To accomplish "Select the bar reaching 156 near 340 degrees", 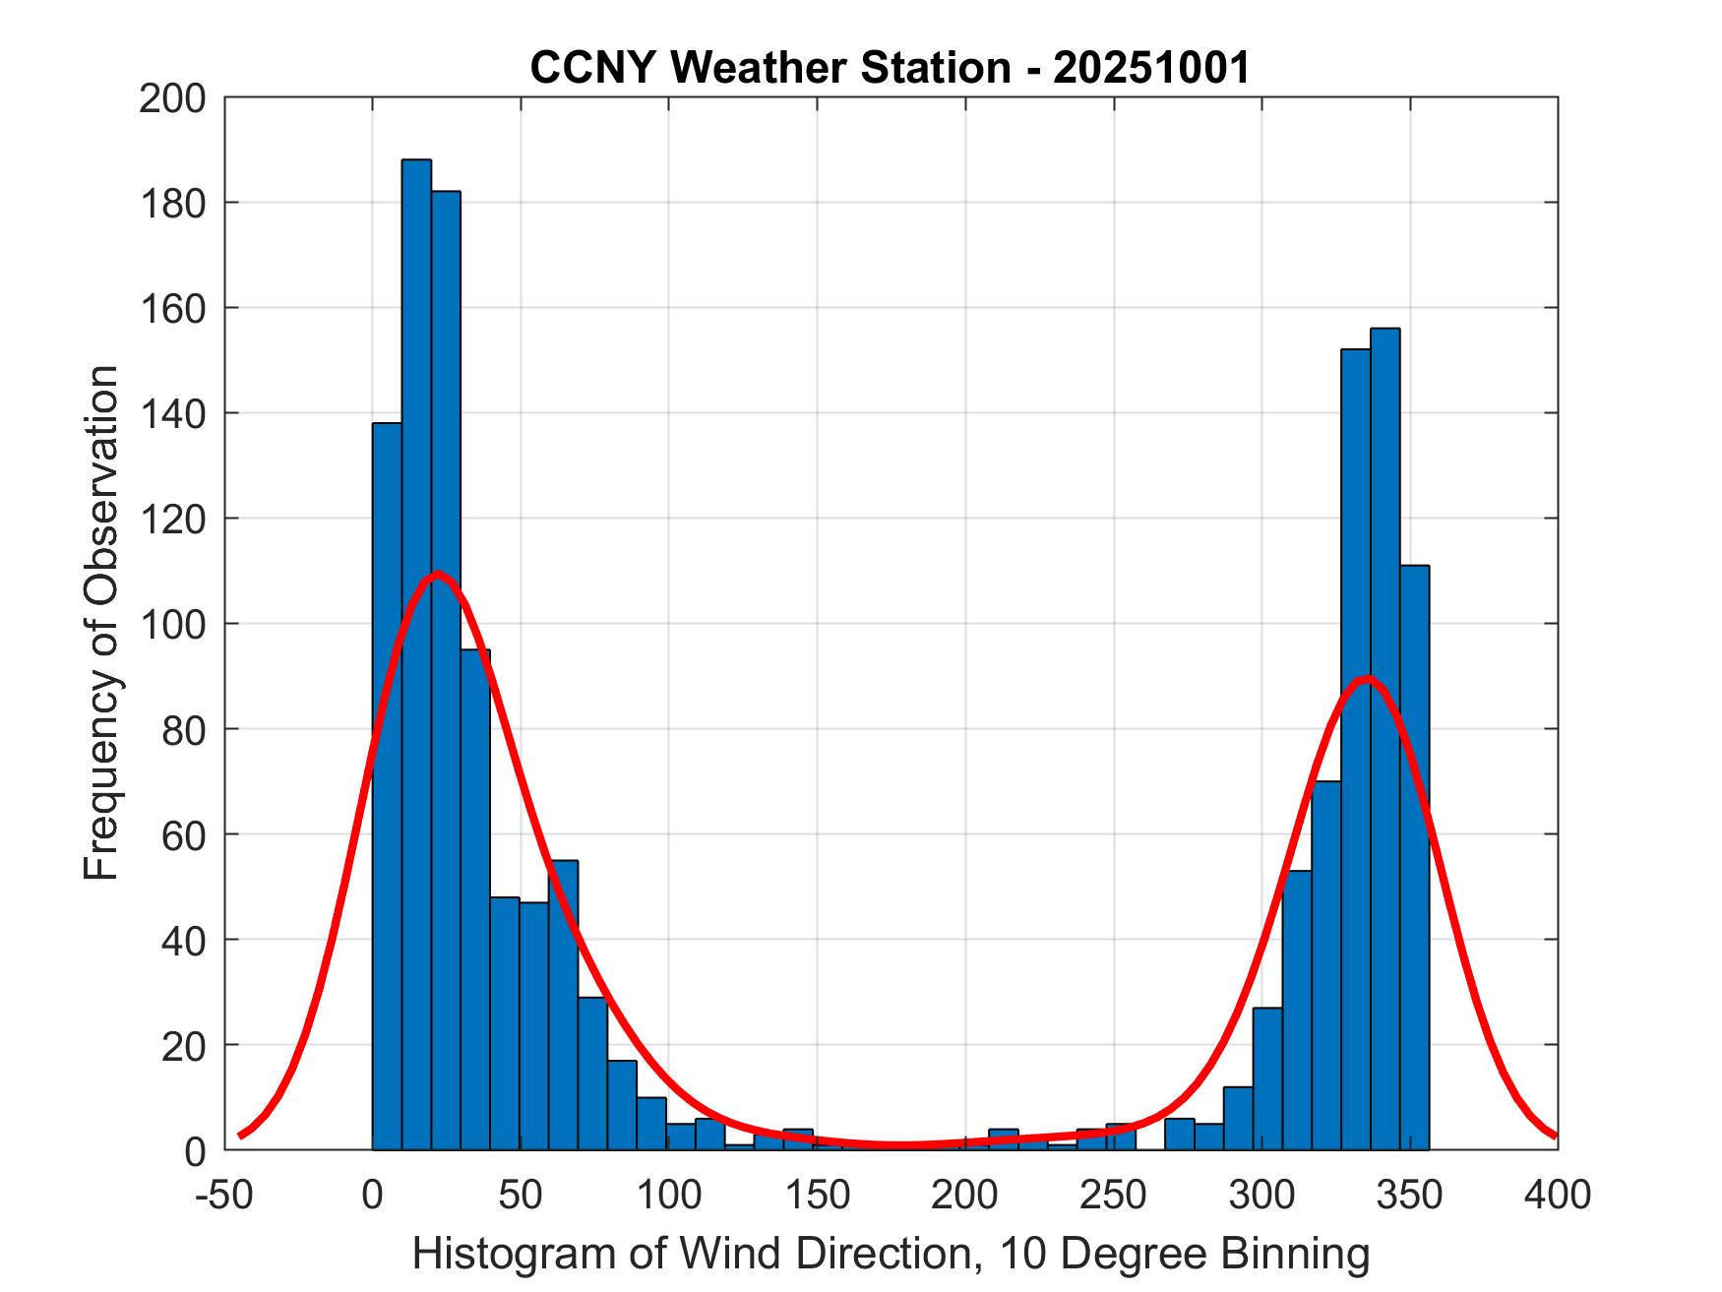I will coord(1384,738).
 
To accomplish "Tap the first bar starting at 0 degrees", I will coord(387,787).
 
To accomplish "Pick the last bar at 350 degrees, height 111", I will coord(1414,856).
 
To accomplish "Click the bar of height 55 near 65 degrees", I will coord(564,1004).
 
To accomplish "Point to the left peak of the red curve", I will coord(437,574).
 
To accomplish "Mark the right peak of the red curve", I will coord(1366,679).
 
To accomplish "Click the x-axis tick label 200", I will coord(965,1195).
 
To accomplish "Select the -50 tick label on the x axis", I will coord(225,1195).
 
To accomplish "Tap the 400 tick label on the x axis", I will coord(1558,1195).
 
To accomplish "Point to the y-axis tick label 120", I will coord(173,519).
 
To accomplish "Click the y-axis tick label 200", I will coord(173,98).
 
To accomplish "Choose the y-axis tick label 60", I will coord(184,834).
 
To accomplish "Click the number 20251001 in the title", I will coord(1151,68).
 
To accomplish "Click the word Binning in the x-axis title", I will coord(1295,1254).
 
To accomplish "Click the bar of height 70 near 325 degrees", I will coord(1325,964).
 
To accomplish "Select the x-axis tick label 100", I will coord(669,1195).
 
